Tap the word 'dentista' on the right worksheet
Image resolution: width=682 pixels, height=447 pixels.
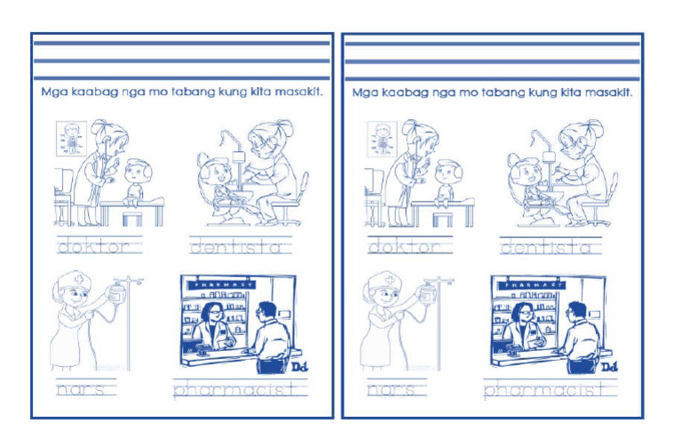point(235,246)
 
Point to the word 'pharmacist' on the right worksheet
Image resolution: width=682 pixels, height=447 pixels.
point(543,389)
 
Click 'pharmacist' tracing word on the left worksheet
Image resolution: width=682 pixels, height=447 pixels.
point(233,389)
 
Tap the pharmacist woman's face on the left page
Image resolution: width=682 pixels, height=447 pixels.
point(214,314)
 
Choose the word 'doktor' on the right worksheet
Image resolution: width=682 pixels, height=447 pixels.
point(404,246)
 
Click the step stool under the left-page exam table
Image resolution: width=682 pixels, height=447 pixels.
point(132,217)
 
